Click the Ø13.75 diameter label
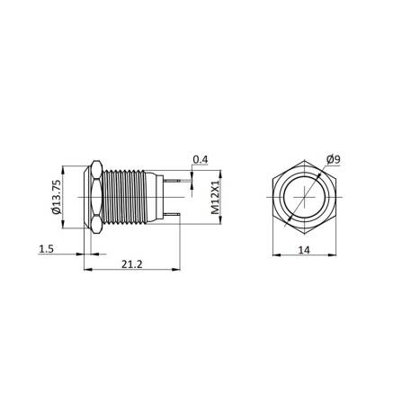click(56, 198)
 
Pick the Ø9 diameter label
click(333, 159)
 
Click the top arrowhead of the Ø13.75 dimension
click(67, 166)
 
